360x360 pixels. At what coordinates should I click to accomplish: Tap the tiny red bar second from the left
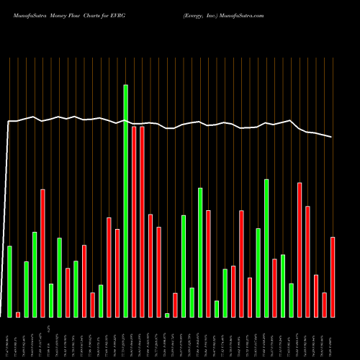point(18,315)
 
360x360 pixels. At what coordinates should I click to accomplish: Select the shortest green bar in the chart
point(167,315)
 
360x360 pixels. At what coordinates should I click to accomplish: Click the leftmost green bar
point(9,281)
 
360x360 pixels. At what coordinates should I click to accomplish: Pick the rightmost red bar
point(333,276)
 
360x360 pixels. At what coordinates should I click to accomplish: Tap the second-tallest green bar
point(200,252)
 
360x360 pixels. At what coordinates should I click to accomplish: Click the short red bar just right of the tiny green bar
point(175,305)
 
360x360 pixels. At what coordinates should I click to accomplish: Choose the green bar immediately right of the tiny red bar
point(26,289)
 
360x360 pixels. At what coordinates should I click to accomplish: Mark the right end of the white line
point(332,137)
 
